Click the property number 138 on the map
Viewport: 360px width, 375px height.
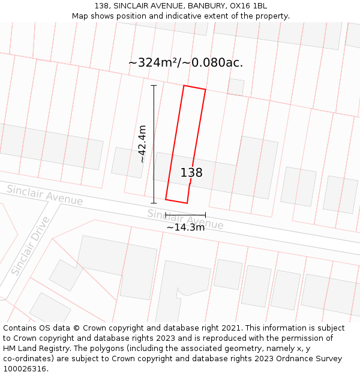tap(191, 173)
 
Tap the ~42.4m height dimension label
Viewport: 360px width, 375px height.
tap(142, 144)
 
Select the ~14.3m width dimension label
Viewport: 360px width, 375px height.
tap(185, 227)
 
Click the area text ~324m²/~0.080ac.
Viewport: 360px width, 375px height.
tap(185, 62)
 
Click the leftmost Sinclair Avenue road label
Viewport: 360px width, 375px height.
tap(44, 195)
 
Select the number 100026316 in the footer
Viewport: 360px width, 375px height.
tap(23, 369)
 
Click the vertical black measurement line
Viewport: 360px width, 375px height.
tap(154, 144)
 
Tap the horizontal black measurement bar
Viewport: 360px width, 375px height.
tap(185, 214)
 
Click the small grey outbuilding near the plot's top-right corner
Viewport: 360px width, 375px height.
tap(236, 87)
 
